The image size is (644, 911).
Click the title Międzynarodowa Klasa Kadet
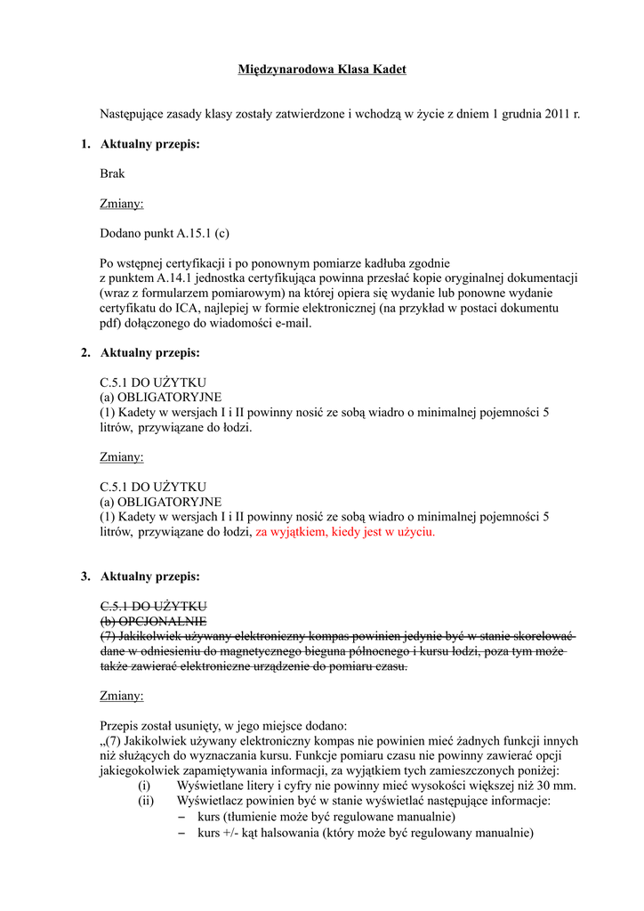(x=322, y=69)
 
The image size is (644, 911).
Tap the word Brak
(x=112, y=174)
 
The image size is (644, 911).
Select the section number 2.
(x=85, y=353)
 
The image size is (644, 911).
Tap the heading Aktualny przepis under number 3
(x=149, y=576)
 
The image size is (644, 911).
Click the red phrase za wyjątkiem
(x=291, y=532)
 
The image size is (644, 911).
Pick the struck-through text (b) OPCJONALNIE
(x=153, y=621)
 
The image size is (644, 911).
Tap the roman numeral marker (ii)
(x=146, y=801)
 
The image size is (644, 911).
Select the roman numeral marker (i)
(x=144, y=786)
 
